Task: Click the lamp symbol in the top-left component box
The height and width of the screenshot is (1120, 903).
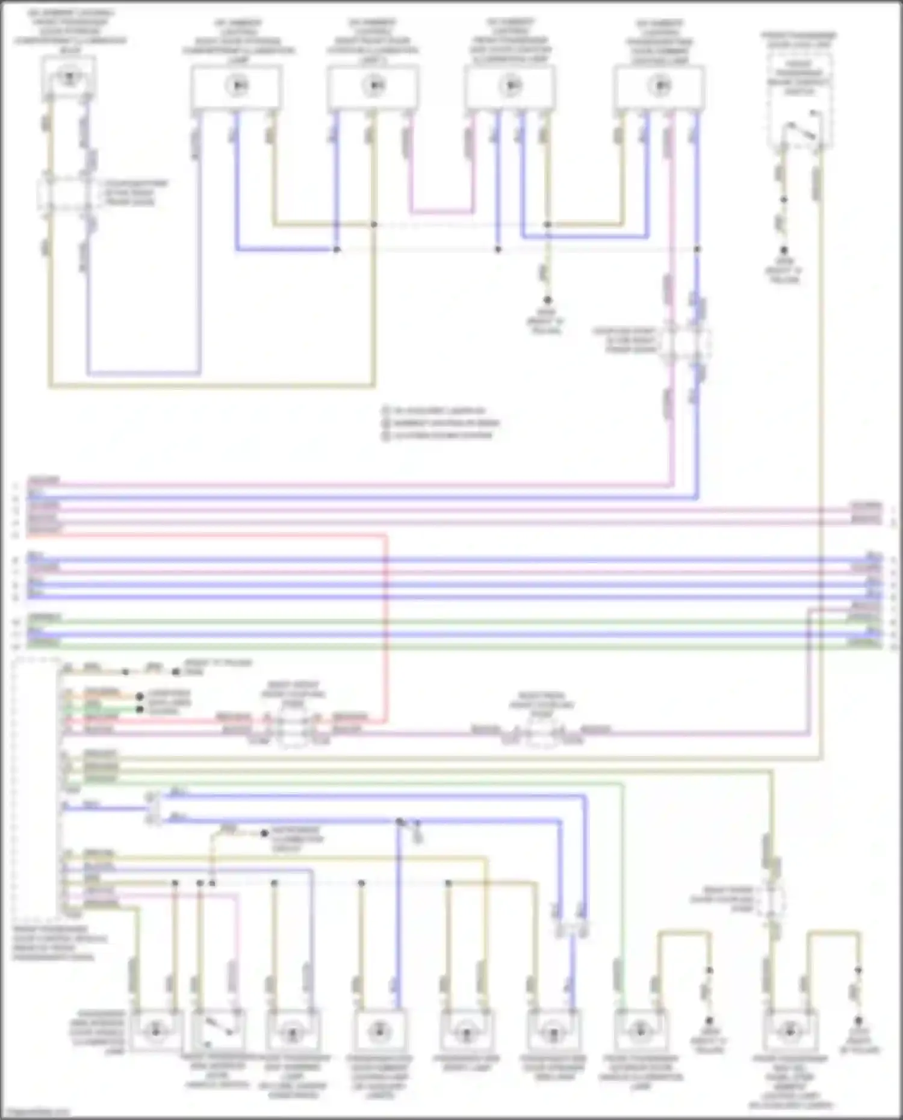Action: [x=70, y=77]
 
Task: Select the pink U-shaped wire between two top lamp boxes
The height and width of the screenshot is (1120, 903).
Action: [x=441, y=212]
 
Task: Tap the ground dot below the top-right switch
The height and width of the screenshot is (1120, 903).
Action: [x=784, y=250]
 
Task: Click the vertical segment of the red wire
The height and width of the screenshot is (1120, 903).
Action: [x=385, y=626]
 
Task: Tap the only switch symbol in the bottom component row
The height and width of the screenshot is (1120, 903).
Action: [x=219, y=1030]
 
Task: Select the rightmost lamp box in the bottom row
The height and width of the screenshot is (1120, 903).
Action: [x=789, y=1030]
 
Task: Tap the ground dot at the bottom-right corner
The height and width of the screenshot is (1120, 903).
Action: [x=858, y=1021]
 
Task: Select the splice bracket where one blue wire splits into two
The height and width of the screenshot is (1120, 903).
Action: [x=152, y=807]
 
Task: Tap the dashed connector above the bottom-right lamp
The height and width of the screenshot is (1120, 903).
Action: [x=773, y=899]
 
